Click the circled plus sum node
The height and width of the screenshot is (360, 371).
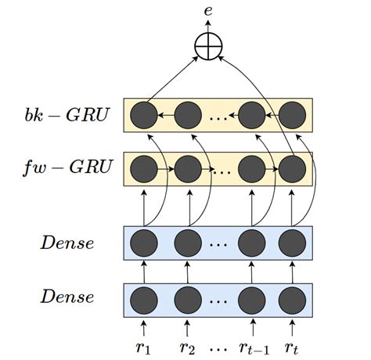[207, 47]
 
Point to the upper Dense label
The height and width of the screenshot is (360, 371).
[67, 243]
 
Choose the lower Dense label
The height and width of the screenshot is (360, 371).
[67, 297]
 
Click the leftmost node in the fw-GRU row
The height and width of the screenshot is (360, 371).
[145, 167]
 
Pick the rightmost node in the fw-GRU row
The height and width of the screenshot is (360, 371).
[293, 167]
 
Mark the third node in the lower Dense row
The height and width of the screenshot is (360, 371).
[252, 298]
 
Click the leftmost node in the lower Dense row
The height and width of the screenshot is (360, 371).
[145, 298]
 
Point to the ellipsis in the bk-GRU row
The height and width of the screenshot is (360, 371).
[219, 119]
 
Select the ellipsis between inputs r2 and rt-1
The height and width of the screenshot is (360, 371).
[219, 346]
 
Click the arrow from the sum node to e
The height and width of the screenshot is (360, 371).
[207, 28]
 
